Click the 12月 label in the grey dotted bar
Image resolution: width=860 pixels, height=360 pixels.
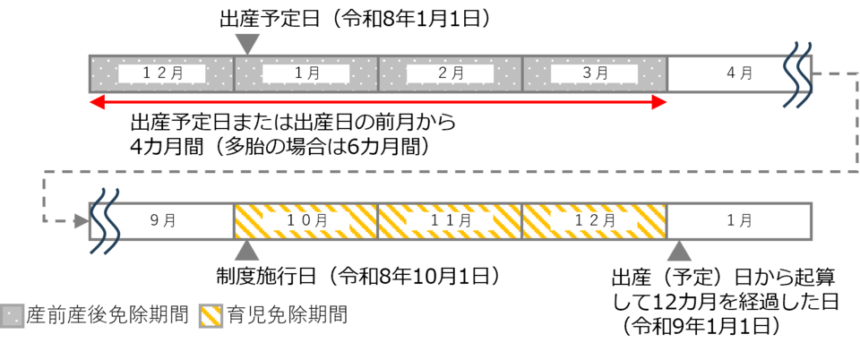(x=162, y=73)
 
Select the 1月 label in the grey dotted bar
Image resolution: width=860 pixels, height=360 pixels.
(x=306, y=73)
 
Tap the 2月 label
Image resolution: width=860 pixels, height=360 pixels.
(x=451, y=73)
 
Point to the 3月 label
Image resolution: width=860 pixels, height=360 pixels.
(x=595, y=73)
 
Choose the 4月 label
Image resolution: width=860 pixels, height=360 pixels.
(x=738, y=73)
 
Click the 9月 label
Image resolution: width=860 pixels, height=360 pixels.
(x=162, y=221)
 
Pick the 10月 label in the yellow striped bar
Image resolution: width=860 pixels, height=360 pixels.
(x=306, y=220)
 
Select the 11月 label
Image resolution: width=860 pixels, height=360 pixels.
(x=451, y=220)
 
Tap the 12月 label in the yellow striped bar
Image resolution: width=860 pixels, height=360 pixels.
(x=595, y=220)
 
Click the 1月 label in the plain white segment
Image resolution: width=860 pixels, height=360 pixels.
(x=739, y=221)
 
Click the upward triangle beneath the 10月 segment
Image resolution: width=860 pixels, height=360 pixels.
(x=247, y=252)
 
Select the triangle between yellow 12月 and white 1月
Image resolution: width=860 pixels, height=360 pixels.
(x=679, y=252)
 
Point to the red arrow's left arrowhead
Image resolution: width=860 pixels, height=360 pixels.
(x=94, y=103)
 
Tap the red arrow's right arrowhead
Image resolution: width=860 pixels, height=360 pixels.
(x=662, y=103)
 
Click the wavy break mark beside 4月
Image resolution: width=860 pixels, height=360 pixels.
(x=797, y=74)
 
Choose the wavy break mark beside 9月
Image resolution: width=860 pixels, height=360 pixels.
(x=104, y=221)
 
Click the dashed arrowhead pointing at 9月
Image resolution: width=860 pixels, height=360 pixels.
(x=82, y=220)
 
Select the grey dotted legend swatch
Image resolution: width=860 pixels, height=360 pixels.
(x=13, y=316)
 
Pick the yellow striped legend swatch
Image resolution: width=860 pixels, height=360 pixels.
(x=211, y=316)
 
